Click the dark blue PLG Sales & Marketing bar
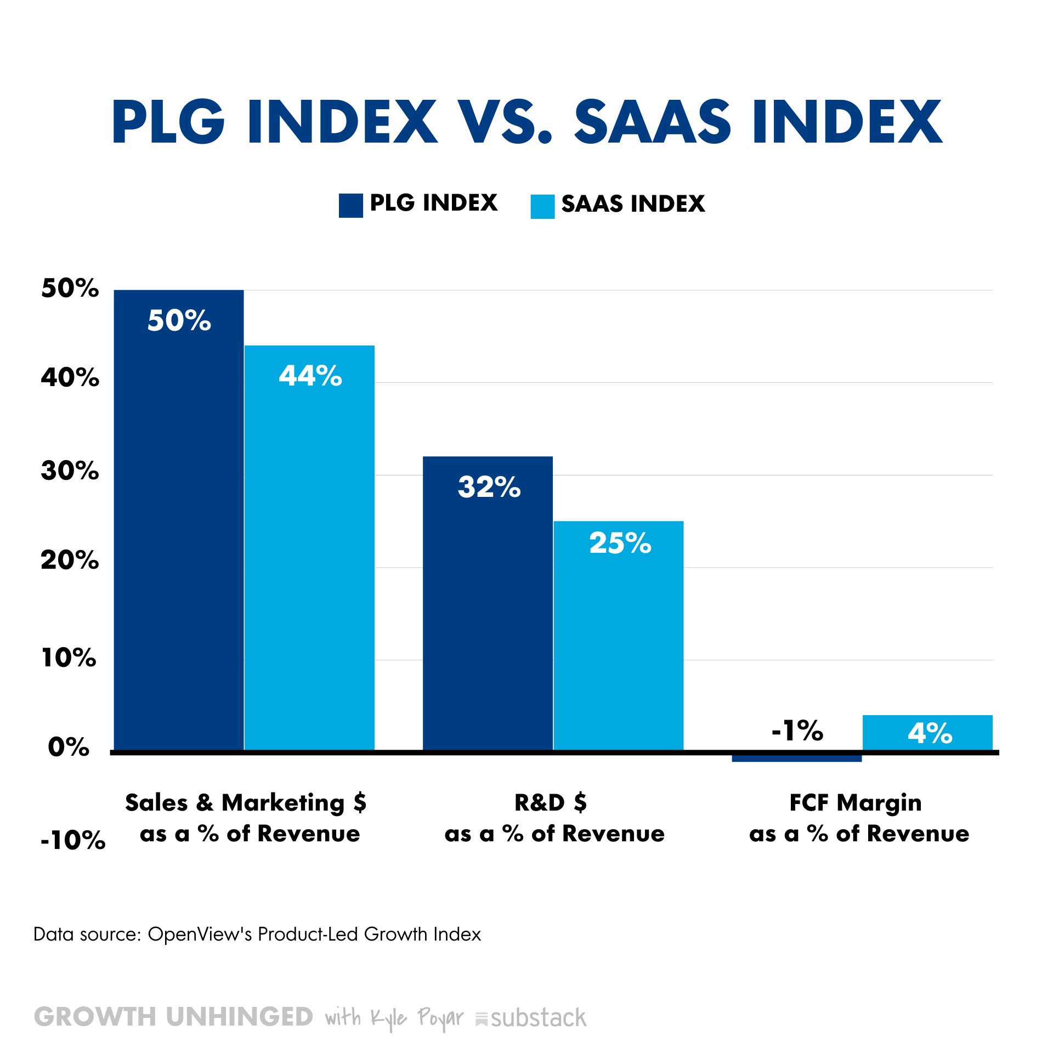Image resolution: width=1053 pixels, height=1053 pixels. (x=178, y=521)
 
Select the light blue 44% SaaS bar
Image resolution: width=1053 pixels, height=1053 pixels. (x=309, y=548)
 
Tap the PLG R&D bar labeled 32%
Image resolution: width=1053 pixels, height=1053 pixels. (x=488, y=603)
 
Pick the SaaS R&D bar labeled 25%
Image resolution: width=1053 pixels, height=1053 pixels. (x=619, y=636)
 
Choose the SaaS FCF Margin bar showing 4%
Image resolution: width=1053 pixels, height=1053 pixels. (x=927, y=733)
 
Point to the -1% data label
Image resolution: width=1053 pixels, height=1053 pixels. (x=797, y=731)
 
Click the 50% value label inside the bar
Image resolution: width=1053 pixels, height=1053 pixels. (x=179, y=320)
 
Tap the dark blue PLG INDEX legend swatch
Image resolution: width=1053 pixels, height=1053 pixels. (x=350, y=206)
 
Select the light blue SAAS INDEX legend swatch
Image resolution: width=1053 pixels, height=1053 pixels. (x=542, y=207)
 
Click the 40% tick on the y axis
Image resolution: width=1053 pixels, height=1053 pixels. (x=70, y=377)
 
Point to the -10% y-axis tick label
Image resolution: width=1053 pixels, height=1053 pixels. (x=72, y=840)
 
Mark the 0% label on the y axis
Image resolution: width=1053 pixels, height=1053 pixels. (x=69, y=747)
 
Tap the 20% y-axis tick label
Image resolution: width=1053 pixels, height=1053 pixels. (x=70, y=560)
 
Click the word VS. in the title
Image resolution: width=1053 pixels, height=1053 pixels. (x=505, y=122)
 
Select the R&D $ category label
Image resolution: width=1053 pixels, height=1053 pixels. (x=551, y=802)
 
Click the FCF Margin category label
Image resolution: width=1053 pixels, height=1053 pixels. (x=856, y=802)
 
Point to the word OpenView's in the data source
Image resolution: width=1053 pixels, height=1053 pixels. (x=200, y=934)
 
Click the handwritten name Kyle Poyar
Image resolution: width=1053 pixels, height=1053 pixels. (x=417, y=1018)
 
